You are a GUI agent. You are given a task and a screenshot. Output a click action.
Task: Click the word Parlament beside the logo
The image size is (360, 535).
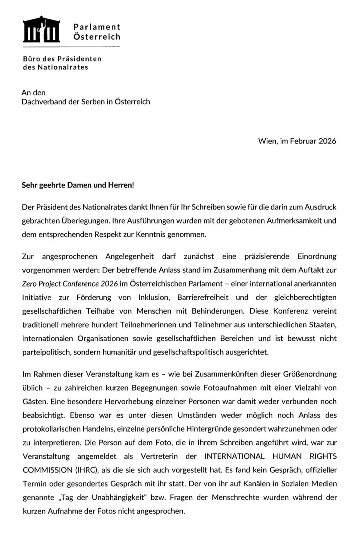pyautogui.click(x=97, y=27)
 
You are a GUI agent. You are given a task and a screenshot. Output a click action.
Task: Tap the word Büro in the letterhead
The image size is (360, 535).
pyautogui.click(x=31, y=59)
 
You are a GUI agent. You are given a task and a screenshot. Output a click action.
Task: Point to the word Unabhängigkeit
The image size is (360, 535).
pyautogui.click(x=120, y=497)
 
